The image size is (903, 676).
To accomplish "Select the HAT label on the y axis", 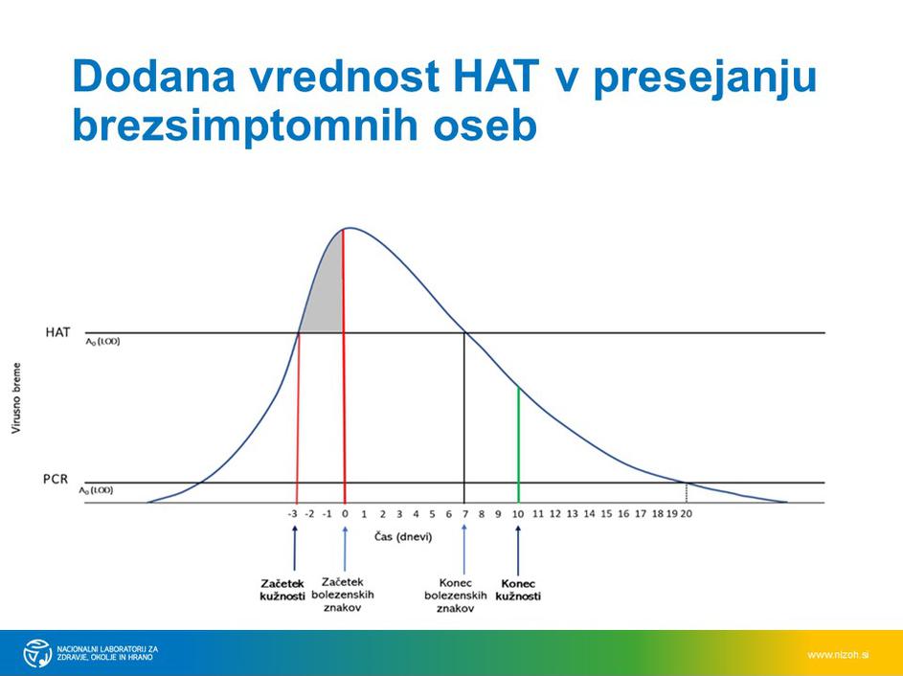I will click(x=57, y=332).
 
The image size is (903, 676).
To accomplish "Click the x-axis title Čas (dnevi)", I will click(x=402, y=537).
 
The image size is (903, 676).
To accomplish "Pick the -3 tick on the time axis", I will click(x=293, y=514).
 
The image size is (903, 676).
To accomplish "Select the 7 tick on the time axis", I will click(x=465, y=514).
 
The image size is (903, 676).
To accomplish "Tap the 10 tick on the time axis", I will click(x=518, y=514).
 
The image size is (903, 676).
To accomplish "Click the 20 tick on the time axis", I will click(x=686, y=514).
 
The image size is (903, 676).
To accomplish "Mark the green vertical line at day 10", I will click(x=518, y=442).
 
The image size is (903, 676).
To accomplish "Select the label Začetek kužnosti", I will click(x=282, y=589).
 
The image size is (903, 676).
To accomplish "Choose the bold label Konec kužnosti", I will click(x=518, y=589).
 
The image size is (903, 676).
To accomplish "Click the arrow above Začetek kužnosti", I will click(x=294, y=550).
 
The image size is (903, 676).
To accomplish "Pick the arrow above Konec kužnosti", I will click(x=518, y=550).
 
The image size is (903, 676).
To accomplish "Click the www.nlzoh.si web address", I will click(x=838, y=654).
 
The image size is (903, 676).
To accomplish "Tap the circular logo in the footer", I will click(x=37, y=652).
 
